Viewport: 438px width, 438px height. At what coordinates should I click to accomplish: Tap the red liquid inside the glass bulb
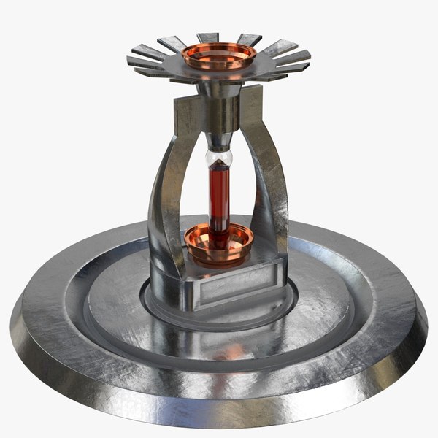(x=220, y=193)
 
